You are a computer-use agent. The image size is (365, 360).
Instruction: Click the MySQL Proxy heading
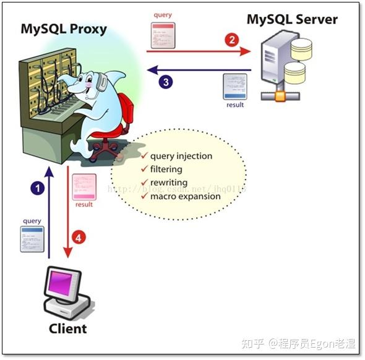(x=63, y=28)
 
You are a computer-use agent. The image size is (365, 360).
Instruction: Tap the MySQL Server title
(x=292, y=19)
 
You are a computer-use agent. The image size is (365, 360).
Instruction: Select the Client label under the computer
(x=67, y=328)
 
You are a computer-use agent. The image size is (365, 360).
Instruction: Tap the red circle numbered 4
(x=77, y=236)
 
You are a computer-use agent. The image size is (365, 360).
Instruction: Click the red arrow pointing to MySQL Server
(x=198, y=52)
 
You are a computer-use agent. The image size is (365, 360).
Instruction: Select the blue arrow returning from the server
(x=198, y=69)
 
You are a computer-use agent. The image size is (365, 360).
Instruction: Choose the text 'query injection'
(x=181, y=156)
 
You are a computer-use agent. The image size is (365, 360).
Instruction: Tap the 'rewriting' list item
(x=169, y=182)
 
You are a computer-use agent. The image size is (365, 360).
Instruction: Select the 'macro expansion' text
(x=185, y=196)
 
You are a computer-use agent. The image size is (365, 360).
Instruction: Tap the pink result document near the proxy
(x=84, y=186)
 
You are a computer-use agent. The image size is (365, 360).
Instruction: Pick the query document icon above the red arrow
(x=163, y=35)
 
